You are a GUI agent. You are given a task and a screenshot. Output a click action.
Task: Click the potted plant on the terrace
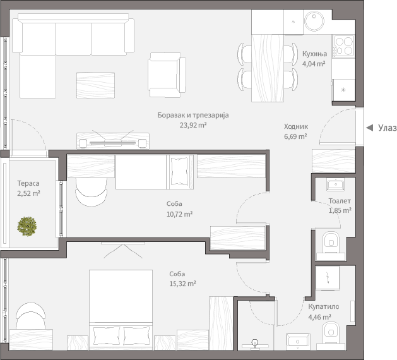27,226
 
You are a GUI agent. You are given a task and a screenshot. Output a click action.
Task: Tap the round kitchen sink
314,21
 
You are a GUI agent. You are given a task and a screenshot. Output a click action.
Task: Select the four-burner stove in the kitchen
343,45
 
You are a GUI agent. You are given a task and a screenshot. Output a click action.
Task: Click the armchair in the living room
167,75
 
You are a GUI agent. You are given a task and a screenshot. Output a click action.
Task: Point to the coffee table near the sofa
95,85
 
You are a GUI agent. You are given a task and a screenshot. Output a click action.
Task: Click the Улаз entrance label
388,128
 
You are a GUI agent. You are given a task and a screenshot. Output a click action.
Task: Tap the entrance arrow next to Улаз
370,128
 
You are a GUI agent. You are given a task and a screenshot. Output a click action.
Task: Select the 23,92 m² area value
193,125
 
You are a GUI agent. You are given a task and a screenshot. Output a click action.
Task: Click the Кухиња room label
315,54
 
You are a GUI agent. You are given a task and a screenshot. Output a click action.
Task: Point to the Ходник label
296,126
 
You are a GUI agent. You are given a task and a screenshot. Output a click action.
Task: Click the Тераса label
28,183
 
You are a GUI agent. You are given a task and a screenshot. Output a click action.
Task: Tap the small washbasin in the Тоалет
336,184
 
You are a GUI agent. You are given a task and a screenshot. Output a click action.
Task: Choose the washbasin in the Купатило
298,342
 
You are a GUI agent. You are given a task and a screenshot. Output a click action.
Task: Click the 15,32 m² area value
182,284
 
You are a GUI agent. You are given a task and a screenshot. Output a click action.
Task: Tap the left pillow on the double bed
107,335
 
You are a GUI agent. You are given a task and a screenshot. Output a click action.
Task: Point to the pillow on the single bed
180,169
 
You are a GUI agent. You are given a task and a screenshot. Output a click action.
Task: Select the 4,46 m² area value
320,317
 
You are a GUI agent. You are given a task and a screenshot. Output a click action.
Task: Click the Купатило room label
324,306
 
